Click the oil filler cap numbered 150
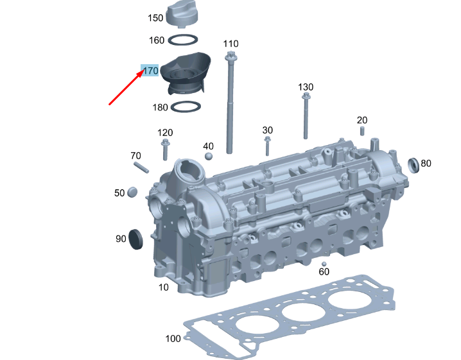183,14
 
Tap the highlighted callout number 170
150,71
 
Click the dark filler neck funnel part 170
186,73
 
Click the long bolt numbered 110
229,102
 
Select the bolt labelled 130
306,116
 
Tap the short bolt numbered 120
165,150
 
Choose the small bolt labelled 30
267,146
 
